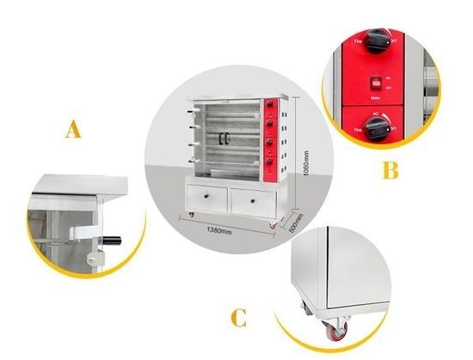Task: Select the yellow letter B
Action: coord(390,170)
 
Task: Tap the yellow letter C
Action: coord(238,319)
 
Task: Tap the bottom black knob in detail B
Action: coord(376,126)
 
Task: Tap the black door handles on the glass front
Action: coord(226,137)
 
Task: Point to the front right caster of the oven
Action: coord(274,225)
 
